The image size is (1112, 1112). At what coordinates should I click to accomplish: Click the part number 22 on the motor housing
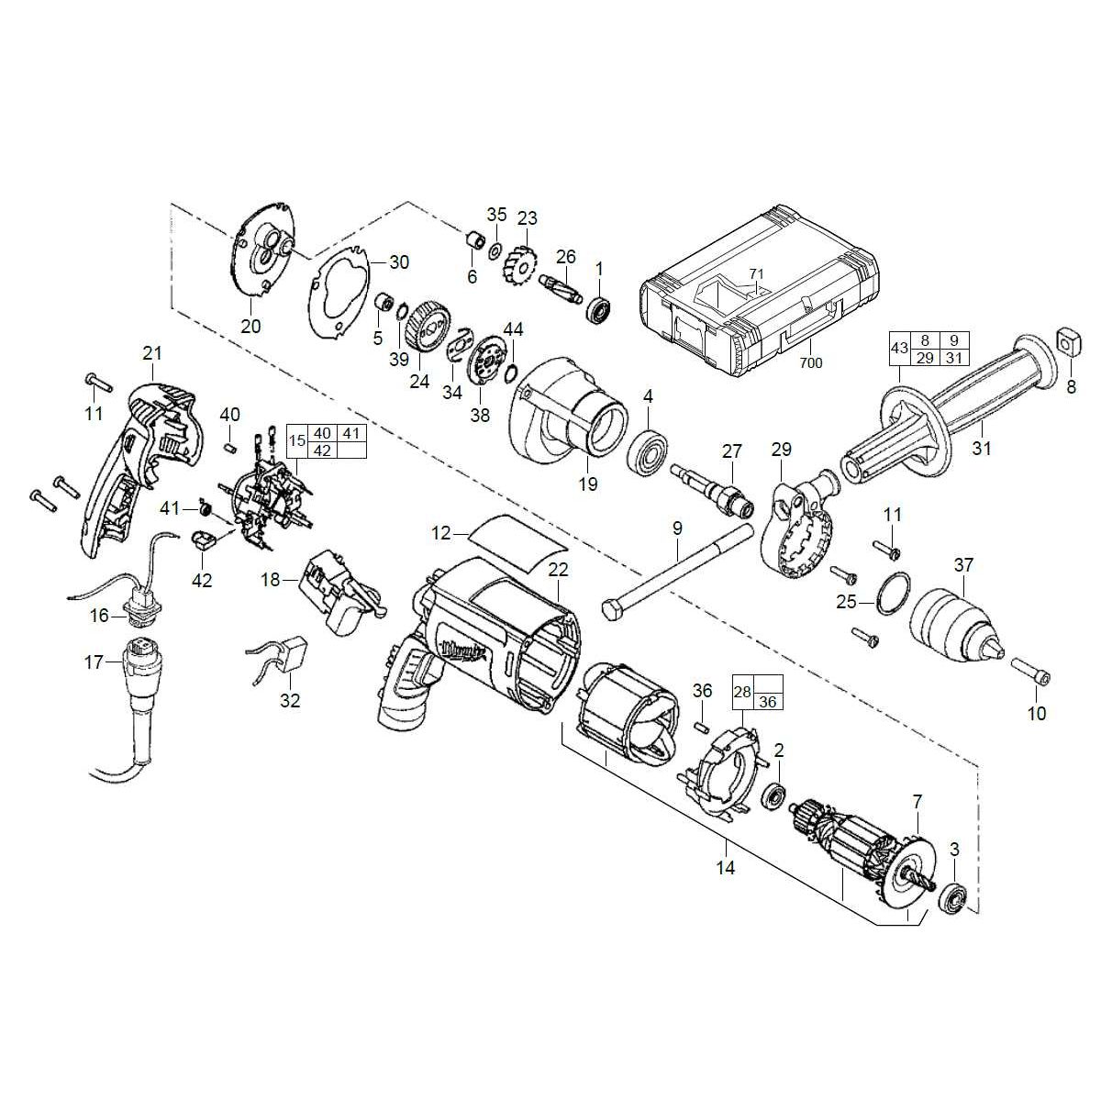(x=559, y=570)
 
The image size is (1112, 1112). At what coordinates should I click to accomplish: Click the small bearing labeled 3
(x=955, y=896)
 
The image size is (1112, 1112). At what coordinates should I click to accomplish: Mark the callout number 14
(x=726, y=867)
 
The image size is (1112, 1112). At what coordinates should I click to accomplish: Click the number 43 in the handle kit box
(x=900, y=350)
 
